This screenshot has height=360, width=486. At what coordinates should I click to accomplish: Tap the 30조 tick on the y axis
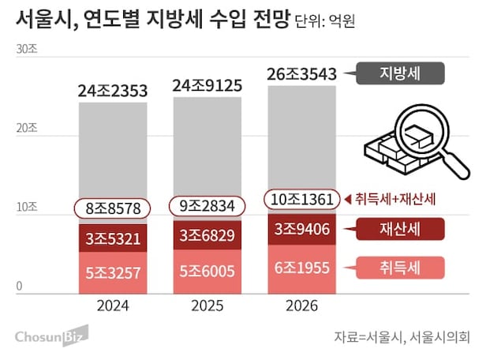coord(26,49)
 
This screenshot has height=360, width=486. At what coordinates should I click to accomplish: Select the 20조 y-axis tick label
coord(26,129)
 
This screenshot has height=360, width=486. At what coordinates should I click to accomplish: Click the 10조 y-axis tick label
coord(26,208)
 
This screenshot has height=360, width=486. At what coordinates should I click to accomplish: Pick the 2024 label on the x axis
coord(113,306)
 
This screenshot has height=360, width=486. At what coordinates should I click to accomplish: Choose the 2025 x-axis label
coord(207,306)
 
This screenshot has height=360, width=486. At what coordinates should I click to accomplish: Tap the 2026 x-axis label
coord(302,306)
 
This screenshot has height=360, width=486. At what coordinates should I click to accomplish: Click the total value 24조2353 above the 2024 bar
coord(113,92)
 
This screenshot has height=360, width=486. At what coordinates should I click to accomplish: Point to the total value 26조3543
coord(302,75)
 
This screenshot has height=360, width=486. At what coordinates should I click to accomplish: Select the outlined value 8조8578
coord(113,208)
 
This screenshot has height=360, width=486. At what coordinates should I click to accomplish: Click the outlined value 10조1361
coord(302,198)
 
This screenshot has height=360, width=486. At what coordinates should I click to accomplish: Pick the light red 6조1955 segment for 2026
coord(302,268)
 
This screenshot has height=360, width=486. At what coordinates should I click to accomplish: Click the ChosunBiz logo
coord(48,336)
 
